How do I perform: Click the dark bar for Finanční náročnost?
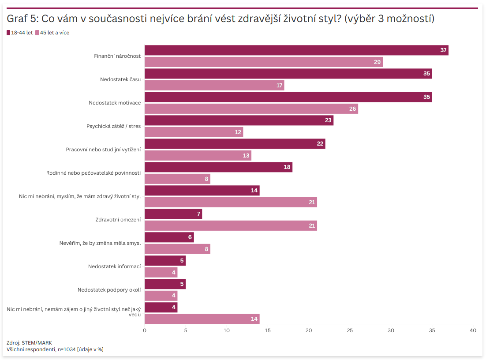click(296, 50)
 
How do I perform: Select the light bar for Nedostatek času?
click(214, 85)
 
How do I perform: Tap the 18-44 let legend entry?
click(20, 33)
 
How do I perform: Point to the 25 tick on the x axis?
click(350, 330)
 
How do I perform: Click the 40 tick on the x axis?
click(473, 330)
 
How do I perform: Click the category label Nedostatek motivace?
click(115, 103)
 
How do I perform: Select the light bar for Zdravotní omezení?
click(231, 225)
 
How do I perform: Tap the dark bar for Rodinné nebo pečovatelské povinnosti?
click(218, 167)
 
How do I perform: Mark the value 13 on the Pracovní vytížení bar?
click(246, 155)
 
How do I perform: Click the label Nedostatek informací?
click(114, 266)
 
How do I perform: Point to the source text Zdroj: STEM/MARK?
click(29, 343)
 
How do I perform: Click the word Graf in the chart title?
click(16, 19)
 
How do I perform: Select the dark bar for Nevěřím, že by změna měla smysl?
click(169, 237)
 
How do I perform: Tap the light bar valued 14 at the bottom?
click(202, 319)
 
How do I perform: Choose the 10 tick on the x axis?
click(227, 330)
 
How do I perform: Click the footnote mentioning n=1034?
click(55, 349)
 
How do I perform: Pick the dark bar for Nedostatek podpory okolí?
click(165, 284)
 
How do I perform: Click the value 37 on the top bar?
click(443, 50)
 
